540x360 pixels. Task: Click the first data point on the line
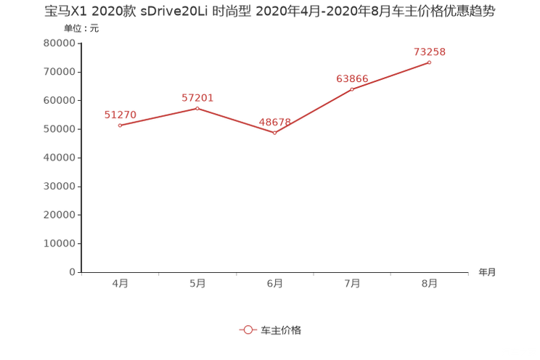[120, 126]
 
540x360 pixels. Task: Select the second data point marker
[197, 108]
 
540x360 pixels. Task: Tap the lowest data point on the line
[274, 133]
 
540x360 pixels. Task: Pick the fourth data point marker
[352, 89]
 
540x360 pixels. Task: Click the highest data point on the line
[430, 62]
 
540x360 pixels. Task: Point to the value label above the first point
[120, 114]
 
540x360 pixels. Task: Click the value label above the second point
[197, 97]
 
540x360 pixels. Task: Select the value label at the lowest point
[274, 121]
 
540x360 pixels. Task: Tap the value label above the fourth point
[352, 78]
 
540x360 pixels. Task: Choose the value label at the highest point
[430, 52]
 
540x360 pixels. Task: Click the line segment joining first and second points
[158, 117]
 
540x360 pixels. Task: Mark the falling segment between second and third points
[236, 120]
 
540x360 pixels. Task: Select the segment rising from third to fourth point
[314, 111]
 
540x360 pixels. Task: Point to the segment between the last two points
[391, 75]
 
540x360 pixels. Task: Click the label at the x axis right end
[487, 273]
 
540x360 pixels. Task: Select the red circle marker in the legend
[247, 330]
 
